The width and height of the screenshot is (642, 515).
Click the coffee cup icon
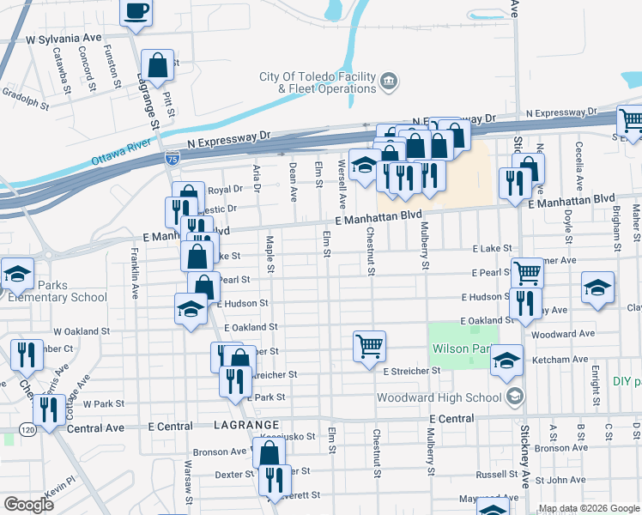pyautogui.click(x=136, y=12)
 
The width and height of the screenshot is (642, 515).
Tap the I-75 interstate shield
pyautogui.click(x=173, y=158)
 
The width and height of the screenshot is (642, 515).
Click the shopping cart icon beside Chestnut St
pyautogui.click(x=369, y=347)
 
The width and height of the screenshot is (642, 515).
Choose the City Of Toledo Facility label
pyautogui.click(x=318, y=76)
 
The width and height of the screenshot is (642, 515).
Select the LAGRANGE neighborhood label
pyautogui.click(x=244, y=426)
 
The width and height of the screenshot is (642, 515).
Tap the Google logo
pyautogui.click(x=28, y=504)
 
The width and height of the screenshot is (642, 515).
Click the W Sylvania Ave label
pyautogui.click(x=64, y=39)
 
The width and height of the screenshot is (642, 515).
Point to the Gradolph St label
pyautogui.click(x=25, y=100)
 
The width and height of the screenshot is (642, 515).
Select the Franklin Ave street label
pyautogui.click(x=135, y=273)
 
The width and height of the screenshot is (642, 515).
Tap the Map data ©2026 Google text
pyautogui.click(x=589, y=508)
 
